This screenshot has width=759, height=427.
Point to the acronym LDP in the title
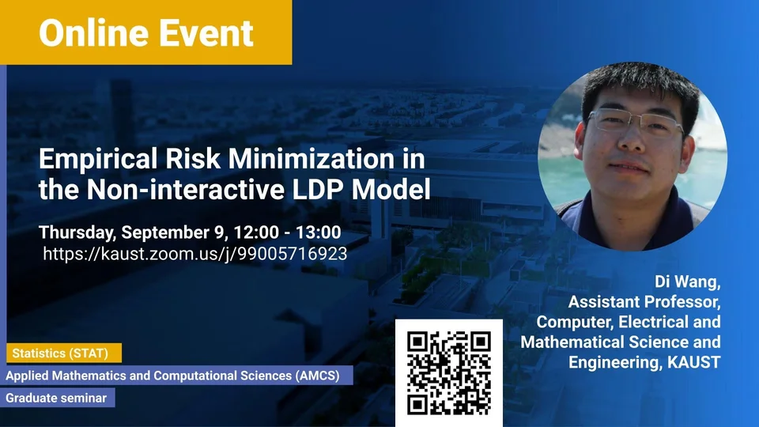[318, 189]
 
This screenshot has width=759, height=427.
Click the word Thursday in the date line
[77, 232]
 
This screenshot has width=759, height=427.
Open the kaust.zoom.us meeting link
[195, 254]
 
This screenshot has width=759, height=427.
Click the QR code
[449, 372]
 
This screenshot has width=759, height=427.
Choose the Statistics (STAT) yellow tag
[64, 353]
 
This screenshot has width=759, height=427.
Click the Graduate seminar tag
[58, 398]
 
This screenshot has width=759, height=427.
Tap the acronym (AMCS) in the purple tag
[317, 376]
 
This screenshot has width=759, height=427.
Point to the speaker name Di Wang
[687, 282]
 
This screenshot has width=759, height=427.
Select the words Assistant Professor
[644, 302]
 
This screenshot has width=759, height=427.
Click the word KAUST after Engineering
[693, 362]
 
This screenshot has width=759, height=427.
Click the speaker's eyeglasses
[636, 123]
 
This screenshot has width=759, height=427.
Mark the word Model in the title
[391, 189]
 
